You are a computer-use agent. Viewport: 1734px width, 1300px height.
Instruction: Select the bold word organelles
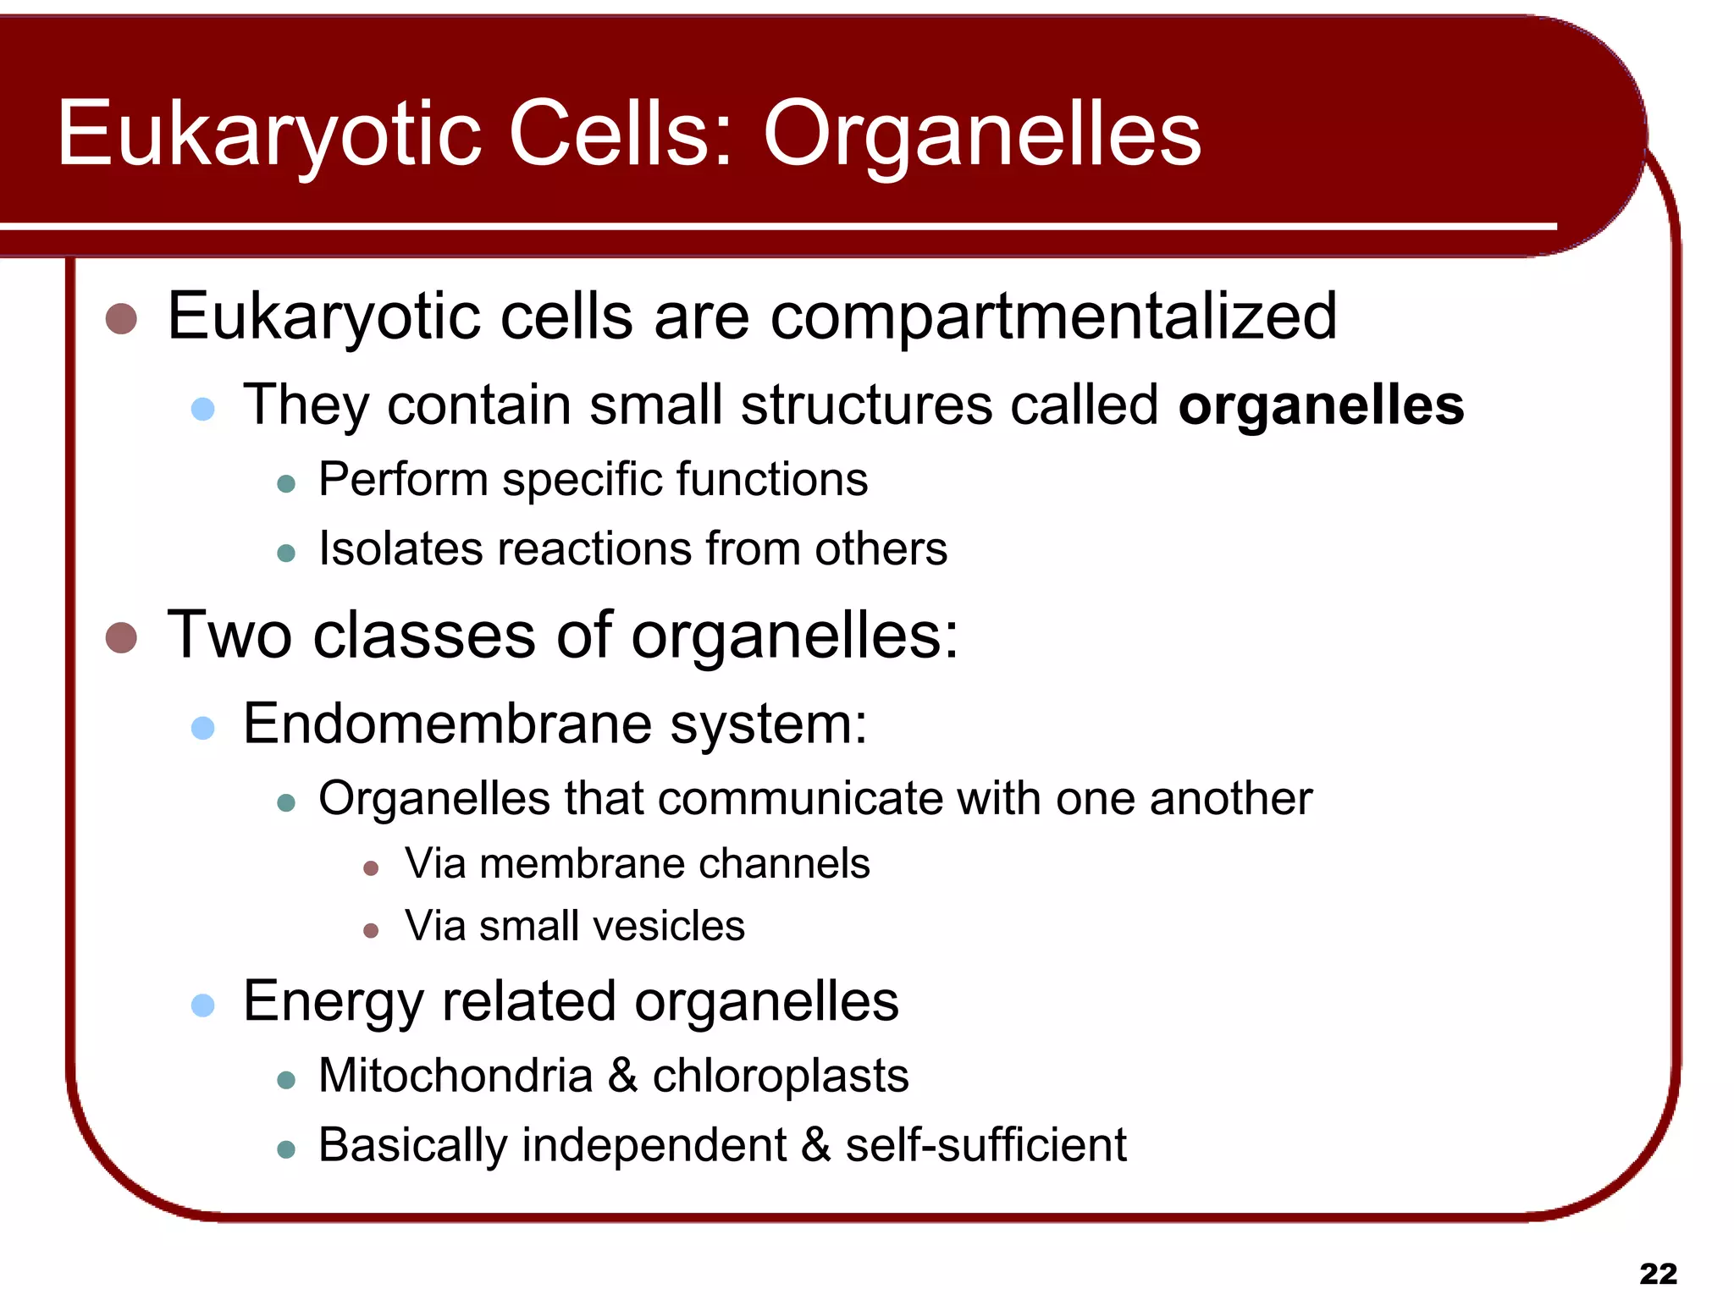point(1321,406)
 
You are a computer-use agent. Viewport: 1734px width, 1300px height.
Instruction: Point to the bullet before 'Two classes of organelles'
point(122,637)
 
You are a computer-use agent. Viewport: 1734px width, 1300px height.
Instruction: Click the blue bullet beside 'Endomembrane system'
point(203,728)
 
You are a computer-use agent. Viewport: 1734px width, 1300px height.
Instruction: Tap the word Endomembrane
point(447,724)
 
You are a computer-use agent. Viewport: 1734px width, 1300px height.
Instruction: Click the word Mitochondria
point(456,1077)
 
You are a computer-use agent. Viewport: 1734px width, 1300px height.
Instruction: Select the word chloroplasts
point(780,1077)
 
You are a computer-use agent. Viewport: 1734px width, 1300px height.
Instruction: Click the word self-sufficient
point(986,1146)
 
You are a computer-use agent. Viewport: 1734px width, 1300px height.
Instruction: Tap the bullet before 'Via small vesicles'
point(370,931)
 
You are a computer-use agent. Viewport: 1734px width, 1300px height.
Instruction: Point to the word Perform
point(403,480)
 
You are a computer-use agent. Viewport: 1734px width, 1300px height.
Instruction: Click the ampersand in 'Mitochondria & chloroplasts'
point(622,1077)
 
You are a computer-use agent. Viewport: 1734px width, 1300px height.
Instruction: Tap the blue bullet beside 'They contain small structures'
point(203,410)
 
